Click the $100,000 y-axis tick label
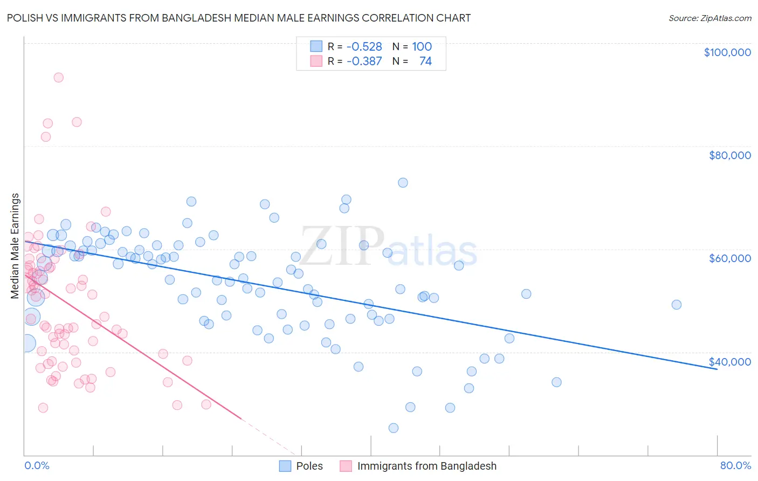[727, 52]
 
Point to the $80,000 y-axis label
[729, 155]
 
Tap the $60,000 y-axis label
[729, 258]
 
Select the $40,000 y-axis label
[729, 362]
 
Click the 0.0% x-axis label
[37, 465]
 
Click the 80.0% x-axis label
[735, 465]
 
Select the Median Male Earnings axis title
[15, 246]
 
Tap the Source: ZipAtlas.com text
[709, 18]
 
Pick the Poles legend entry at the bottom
[309, 466]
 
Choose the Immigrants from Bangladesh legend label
[426, 466]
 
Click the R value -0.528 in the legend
[364, 47]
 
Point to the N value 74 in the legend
[425, 61]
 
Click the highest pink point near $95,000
[58, 78]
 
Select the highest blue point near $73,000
[403, 183]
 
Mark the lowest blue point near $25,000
[394, 428]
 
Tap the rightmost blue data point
[677, 305]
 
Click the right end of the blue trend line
[716, 369]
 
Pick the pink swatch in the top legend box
[316, 61]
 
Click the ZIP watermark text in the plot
[342, 247]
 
